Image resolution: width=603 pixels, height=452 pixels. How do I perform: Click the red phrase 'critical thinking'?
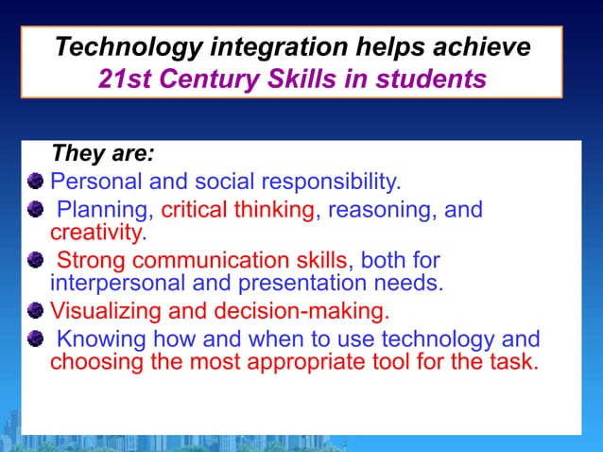coord(236,209)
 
